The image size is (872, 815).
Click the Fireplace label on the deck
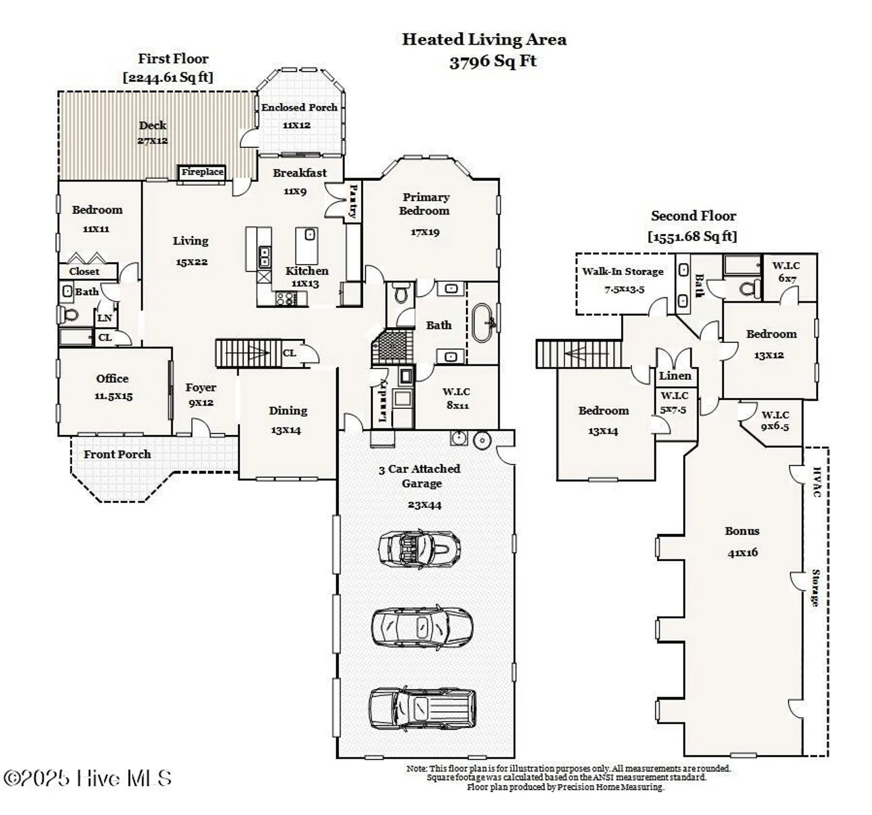tap(202, 172)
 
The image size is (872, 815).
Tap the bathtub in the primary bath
tap(482, 323)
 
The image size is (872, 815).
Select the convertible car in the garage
tap(419, 548)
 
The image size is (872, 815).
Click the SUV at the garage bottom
tap(422, 709)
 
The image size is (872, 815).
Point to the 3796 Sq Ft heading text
tap(492, 61)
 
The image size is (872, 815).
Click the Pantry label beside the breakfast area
tap(353, 200)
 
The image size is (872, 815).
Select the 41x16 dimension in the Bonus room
tap(742, 553)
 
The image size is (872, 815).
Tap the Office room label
tap(112, 379)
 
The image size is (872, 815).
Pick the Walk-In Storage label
tap(623, 272)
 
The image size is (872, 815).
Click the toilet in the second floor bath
tap(751, 287)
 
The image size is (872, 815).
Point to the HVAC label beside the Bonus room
tap(816, 482)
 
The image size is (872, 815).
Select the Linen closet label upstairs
tap(675, 375)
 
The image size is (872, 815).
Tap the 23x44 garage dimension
tap(424, 505)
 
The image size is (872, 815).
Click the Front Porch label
tap(117, 454)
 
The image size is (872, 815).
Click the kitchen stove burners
tap(285, 298)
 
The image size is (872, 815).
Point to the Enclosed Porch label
tap(299, 108)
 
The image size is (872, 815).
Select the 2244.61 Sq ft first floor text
tap(168, 77)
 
